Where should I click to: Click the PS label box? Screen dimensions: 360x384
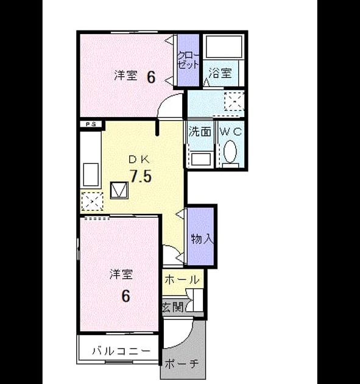pos(91,124)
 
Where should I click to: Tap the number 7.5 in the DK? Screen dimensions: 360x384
pos(141,176)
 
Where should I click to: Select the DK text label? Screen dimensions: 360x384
pos(139,160)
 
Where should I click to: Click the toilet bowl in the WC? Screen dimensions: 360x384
pos(230,151)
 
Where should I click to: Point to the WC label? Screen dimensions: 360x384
pos(231,132)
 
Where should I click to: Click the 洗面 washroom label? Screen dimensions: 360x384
pos(200,132)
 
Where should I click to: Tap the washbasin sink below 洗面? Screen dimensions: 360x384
pos(201,159)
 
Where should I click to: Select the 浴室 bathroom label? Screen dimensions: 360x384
pos(220,73)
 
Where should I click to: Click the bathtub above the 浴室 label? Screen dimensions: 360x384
pos(224,47)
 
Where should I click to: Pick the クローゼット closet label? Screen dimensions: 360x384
pos(188,60)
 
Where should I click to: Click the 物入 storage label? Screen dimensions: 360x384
pos(202,238)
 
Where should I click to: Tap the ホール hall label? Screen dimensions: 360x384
pos(182,279)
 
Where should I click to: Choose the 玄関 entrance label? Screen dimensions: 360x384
pos(173,307)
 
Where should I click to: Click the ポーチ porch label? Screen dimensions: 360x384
pos(182,364)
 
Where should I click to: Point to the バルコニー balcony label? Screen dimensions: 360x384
pos(121,351)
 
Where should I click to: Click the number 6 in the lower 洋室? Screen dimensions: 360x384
pos(125,296)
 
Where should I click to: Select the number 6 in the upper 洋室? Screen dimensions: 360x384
pos(151,77)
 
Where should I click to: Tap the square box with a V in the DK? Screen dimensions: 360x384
pos(119,190)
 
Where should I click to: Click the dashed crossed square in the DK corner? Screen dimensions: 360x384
pos(92,202)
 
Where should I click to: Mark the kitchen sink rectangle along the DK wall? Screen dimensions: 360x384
pos(91,174)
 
